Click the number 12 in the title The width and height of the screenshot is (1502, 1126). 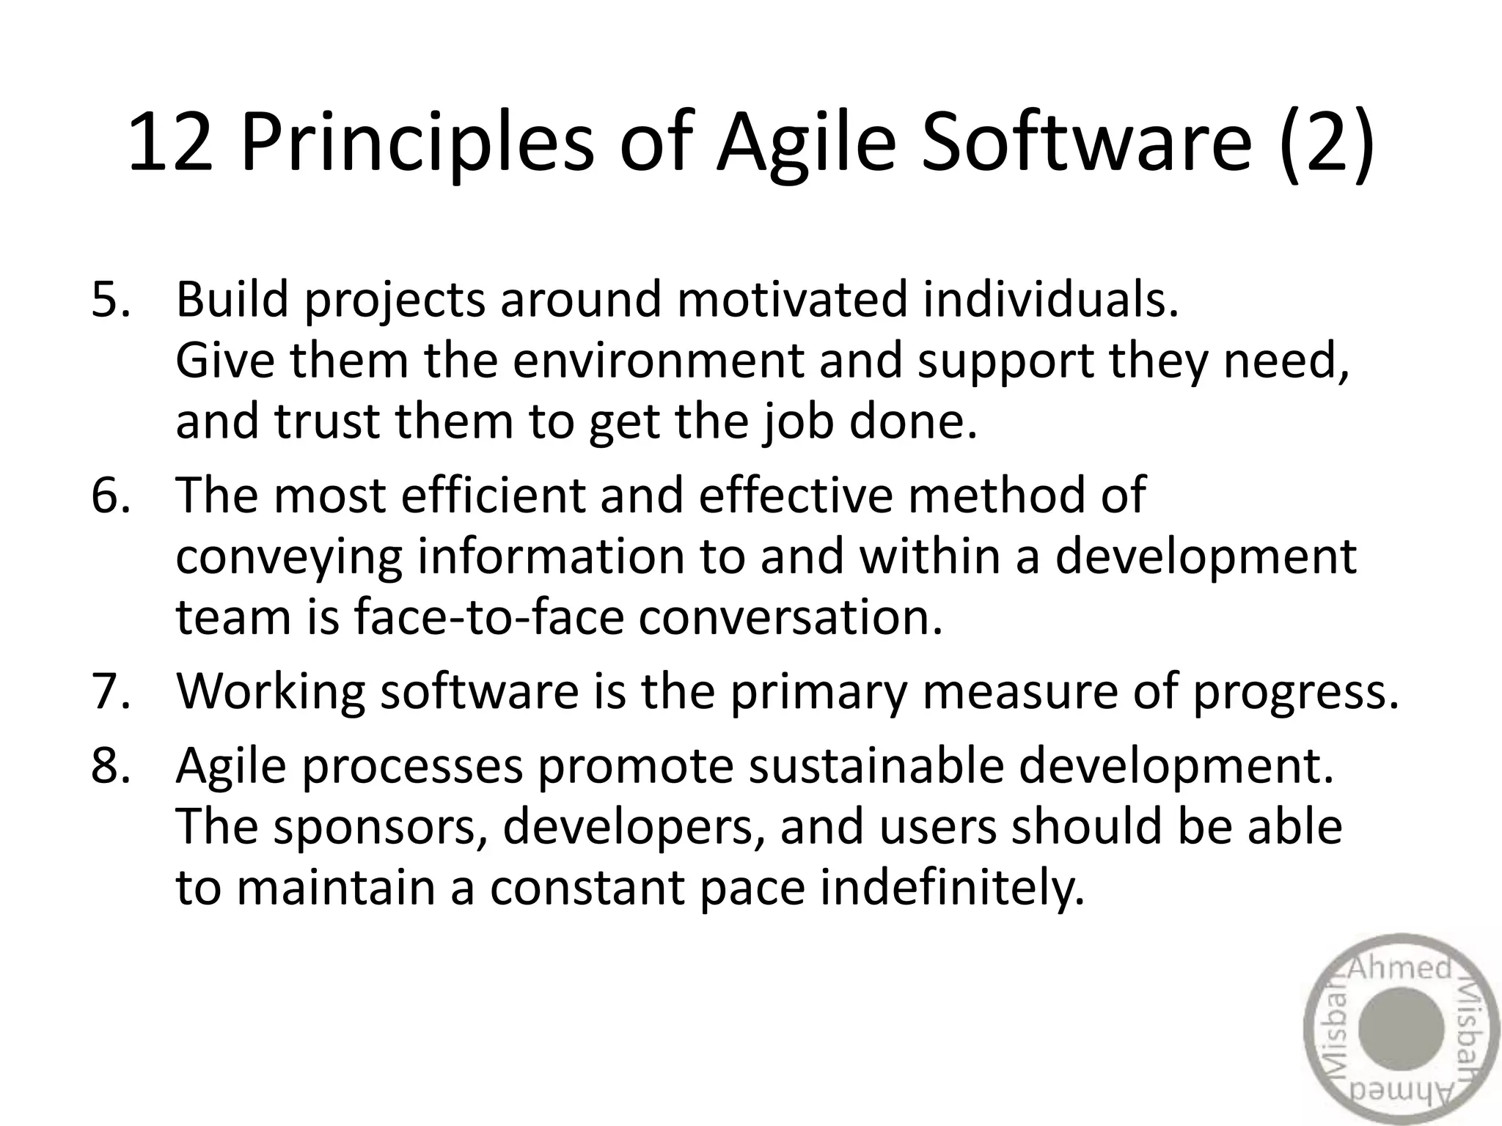pos(170,144)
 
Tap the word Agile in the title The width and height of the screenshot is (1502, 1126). pos(806,144)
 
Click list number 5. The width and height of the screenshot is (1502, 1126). pos(111,300)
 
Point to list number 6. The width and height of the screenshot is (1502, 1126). pos(111,495)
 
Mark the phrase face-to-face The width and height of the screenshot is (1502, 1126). pos(488,617)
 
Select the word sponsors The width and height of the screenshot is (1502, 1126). pos(381,827)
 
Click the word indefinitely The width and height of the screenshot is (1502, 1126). pos(951,888)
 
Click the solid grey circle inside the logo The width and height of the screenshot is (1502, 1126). pos(1400,1029)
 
